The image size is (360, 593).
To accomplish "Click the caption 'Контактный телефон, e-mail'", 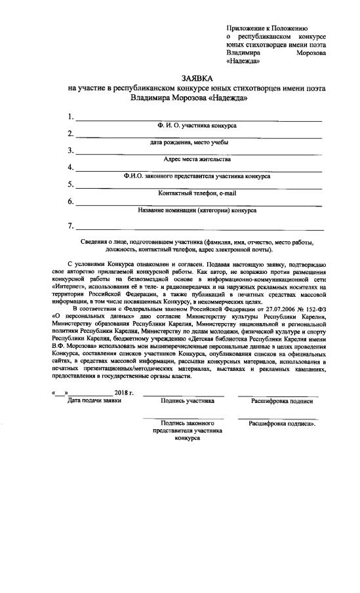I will tap(197, 193).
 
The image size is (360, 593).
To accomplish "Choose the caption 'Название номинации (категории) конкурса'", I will tap(197, 210).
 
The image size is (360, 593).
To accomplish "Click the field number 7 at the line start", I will tap(70, 227).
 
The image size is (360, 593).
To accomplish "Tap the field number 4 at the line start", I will tap(70, 168).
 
